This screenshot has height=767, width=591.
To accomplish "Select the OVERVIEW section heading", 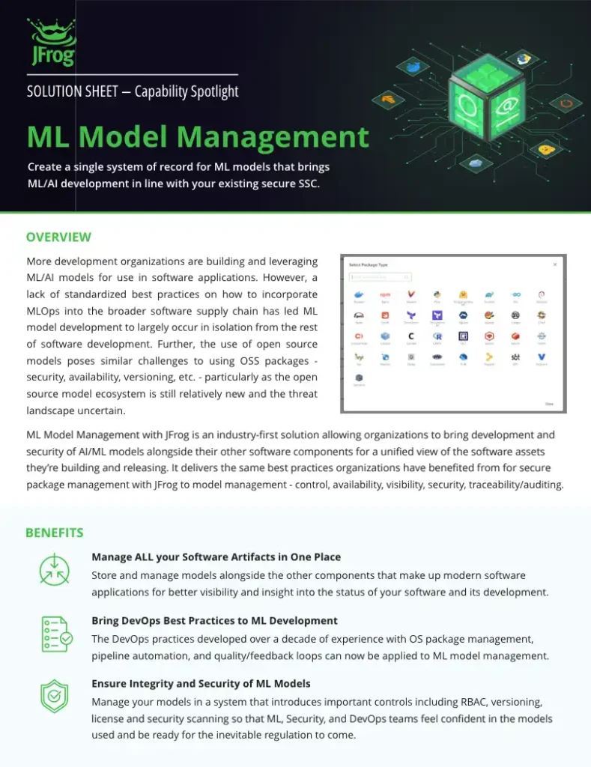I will [58, 237].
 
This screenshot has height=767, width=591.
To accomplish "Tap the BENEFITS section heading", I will [54, 533].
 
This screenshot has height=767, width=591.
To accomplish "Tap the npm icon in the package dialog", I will [385, 295].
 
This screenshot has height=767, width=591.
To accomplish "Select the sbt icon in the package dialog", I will [515, 357].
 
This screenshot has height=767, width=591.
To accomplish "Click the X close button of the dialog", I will [555, 264].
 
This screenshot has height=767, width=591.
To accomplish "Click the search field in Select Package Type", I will [380, 277].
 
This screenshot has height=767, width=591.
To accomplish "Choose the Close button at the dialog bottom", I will [548, 404].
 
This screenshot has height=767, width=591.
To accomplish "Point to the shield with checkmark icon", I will [55, 697].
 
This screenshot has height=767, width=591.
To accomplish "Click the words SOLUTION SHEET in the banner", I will [72, 92].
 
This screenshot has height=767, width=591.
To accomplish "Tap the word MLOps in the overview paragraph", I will [44, 311].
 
